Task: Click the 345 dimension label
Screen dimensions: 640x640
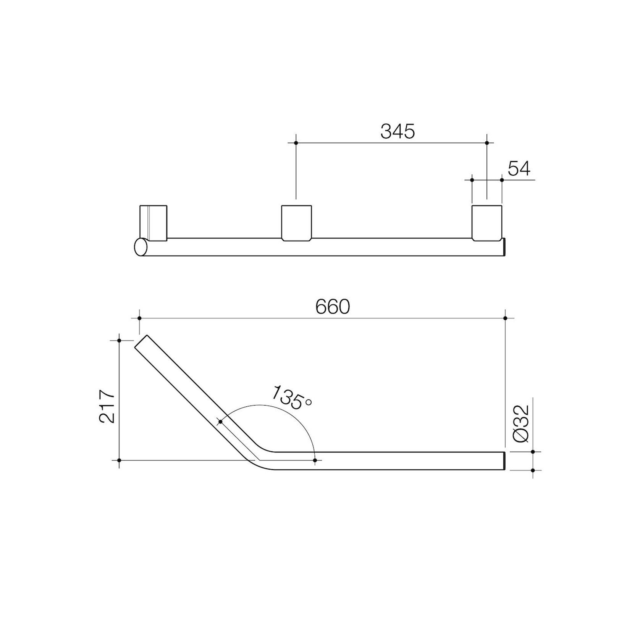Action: [397, 131]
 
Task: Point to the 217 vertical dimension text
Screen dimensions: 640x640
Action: [107, 406]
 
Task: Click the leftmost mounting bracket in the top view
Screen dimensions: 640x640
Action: [153, 223]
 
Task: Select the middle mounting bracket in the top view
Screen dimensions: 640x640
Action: [296, 223]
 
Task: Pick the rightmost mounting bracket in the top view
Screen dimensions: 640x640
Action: [487, 223]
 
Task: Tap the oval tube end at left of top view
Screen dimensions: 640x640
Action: [141, 247]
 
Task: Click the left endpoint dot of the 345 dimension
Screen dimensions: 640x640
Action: [296, 143]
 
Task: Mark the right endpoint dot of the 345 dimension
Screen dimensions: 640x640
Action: [487, 143]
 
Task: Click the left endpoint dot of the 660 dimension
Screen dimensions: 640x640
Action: [140, 318]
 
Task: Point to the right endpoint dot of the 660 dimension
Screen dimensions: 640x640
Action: [505, 318]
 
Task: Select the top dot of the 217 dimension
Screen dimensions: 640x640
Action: [119, 340]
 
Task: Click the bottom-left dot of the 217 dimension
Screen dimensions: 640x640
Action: [119, 461]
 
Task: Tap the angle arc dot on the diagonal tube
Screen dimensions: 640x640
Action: [220, 422]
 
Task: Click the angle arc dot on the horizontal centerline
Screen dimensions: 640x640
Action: [315, 461]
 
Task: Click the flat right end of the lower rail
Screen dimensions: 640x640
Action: [504, 461]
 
